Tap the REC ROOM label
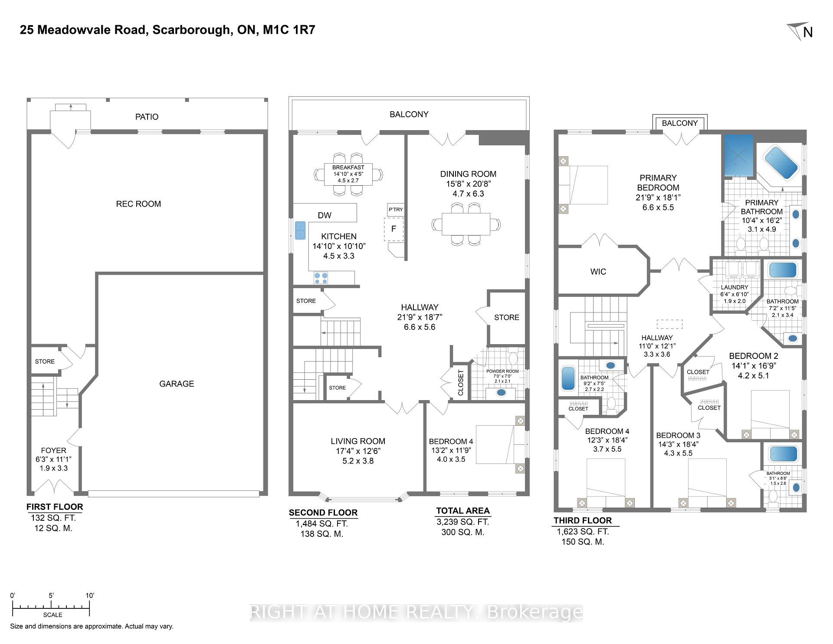[138, 204]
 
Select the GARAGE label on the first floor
[177, 384]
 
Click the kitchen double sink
[300, 230]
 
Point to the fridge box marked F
[394, 229]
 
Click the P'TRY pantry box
[396, 210]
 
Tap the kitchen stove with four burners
[321, 278]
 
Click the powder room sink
[501, 393]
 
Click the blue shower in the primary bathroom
[738, 155]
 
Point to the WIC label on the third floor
[598, 272]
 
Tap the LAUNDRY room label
[735, 287]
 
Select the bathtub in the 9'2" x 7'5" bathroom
[568, 378]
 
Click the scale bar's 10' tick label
[89, 595]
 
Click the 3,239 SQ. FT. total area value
[462, 522]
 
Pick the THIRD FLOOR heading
[582, 520]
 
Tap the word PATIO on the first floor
[147, 117]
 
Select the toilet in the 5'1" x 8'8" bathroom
[773, 496]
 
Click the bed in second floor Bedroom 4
[497, 444]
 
